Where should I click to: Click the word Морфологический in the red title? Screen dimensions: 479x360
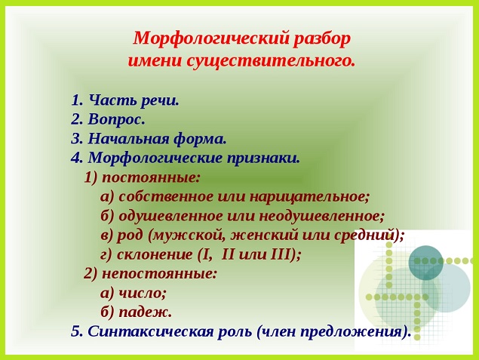tap(211, 39)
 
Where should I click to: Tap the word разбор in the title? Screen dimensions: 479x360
tap(322, 39)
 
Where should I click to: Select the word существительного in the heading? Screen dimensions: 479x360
tap(272, 61)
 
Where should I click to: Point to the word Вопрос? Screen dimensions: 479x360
tap(116, 119)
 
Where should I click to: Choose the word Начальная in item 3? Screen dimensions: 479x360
tap(128, 138)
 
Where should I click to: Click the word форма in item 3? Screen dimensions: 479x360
tap(201, 139)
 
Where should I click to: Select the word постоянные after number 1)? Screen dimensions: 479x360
tap(151, 177)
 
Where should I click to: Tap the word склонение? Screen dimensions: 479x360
tap(155, 254)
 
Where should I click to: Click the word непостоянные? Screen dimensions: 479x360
tap(159, 274)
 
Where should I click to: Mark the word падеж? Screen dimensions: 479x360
tap(145, 312)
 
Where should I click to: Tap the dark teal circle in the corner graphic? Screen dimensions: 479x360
tap(426, 263)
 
